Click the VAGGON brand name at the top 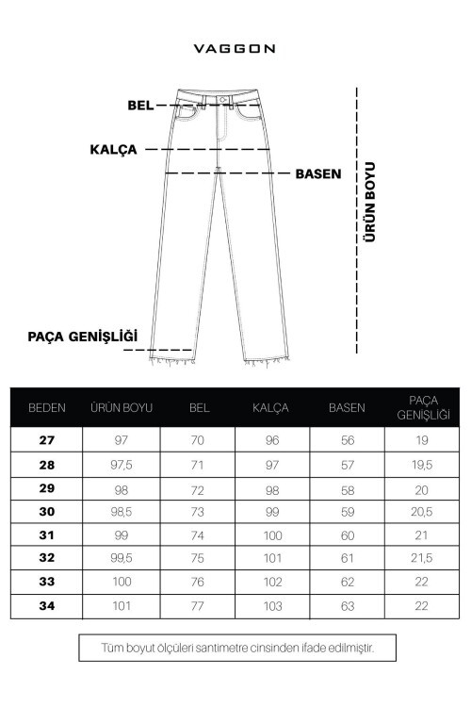235,46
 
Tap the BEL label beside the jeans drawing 140,105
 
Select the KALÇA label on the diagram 114,149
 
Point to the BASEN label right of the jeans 317,174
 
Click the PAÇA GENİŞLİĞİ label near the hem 84,336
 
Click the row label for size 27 47,440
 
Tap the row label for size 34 47,605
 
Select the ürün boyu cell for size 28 122,464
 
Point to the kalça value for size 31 271,534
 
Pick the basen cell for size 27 347,440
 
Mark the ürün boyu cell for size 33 122,582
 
